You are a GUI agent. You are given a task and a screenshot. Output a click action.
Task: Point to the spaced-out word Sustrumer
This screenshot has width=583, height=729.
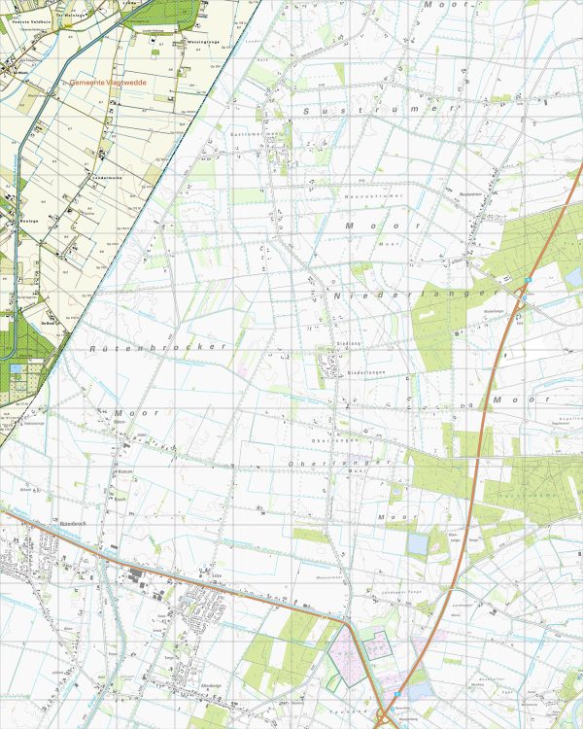pyautogui.click(x=379, y=112)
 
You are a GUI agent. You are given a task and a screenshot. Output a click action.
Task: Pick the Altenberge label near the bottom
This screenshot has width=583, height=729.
pyautogui.click(x=211, y=686)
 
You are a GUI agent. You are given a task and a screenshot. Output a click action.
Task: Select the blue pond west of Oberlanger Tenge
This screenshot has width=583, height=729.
pyautogui.click(x=417, y=544)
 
